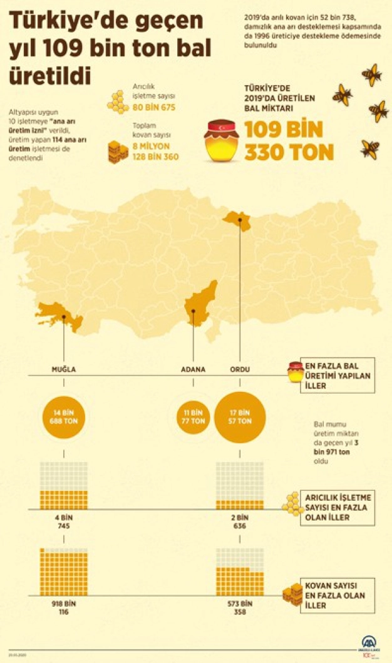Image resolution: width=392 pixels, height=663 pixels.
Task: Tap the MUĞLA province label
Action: [x=63, y=369]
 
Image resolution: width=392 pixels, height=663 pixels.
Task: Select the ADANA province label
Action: [x=193, y=369]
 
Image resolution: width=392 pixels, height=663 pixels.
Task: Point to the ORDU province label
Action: [x=240, y=369]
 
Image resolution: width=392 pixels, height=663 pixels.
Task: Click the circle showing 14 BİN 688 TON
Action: [x=63, y=417]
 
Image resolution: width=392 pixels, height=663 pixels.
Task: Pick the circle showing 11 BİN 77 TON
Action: [x=193, y=417]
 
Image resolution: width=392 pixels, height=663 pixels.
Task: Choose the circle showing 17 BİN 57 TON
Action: [x=240, y=417]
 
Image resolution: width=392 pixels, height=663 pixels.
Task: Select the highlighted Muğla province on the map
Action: [x=59, y=316]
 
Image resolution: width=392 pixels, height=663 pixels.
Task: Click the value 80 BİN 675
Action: [x=153, y=108]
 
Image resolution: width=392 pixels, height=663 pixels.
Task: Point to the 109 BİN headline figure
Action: [x=283, y=130]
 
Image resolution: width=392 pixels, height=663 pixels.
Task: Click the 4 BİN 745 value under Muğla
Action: [x=63, y=522]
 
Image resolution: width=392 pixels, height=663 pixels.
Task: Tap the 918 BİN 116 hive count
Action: [x=63, y=607]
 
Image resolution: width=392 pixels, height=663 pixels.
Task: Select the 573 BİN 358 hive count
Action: [x=240, y=607]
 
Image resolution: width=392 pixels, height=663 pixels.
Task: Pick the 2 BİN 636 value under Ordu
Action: [x=240, y=522]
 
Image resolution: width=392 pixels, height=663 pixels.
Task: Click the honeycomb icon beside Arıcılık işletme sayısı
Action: [x=117, y=102]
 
